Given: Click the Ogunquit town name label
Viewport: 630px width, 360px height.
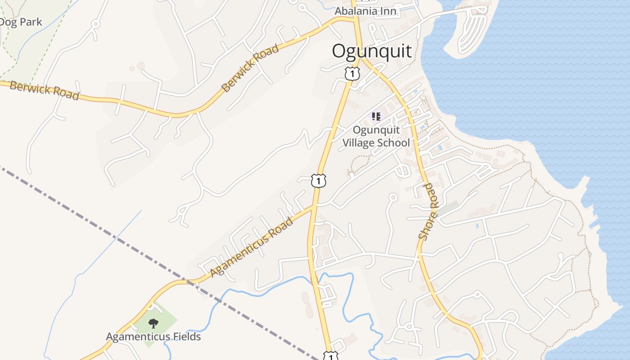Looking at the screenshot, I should [372, 51].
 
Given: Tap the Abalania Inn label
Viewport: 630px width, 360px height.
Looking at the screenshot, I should [365, 11].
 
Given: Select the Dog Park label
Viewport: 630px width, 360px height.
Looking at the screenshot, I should [21, 22].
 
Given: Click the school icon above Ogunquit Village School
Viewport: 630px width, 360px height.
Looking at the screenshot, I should [376, 117].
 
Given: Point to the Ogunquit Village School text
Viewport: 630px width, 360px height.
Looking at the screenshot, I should [376, 136].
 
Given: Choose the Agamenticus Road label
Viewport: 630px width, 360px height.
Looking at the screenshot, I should [252, 247].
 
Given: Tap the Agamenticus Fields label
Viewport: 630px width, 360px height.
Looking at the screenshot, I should [153, 337].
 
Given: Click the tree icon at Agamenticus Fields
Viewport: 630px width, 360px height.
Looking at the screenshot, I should [153, 323].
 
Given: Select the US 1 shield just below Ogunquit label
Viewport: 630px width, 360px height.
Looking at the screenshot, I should [352, 73].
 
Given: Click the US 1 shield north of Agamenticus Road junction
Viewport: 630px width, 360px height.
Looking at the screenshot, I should [319, 180].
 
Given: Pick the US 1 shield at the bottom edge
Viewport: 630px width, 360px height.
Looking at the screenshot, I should [331, 356].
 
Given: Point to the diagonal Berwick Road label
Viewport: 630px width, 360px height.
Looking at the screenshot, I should [251, 68].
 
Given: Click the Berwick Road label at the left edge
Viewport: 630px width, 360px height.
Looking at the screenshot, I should [44, 90].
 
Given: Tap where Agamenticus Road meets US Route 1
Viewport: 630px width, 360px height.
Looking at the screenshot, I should [314, 206].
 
